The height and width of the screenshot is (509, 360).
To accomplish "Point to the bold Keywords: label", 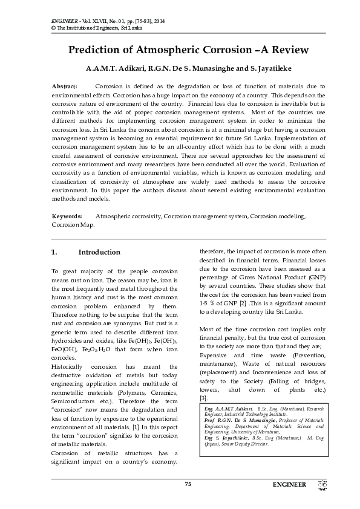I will [67, 216].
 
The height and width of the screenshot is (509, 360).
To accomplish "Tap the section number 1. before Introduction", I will [54, 252].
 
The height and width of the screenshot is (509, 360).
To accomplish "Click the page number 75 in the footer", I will [188, 484].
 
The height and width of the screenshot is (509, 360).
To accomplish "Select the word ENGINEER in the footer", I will [290, 485].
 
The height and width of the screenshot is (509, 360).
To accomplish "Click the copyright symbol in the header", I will [54, 28].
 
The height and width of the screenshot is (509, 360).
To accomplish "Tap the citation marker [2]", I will [242, 303].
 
